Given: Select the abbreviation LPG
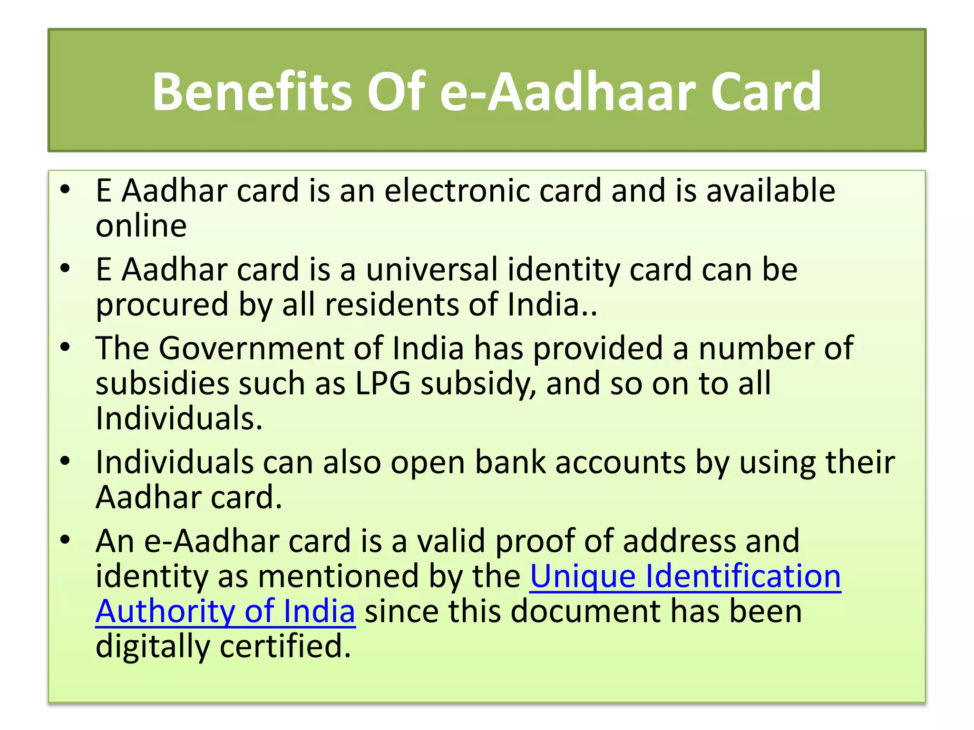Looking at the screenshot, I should pyautogui.click(x=383, y=384).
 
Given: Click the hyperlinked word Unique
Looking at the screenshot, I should pyautogui.click(x=583, y=576).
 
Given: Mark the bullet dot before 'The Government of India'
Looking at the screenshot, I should pyautogui.click(x=65, y=347).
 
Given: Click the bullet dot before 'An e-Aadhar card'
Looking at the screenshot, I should pyautogui.click(x=65, y=540).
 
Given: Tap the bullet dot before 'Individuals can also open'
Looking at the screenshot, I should pyautogui.click(x=65, y=461).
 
